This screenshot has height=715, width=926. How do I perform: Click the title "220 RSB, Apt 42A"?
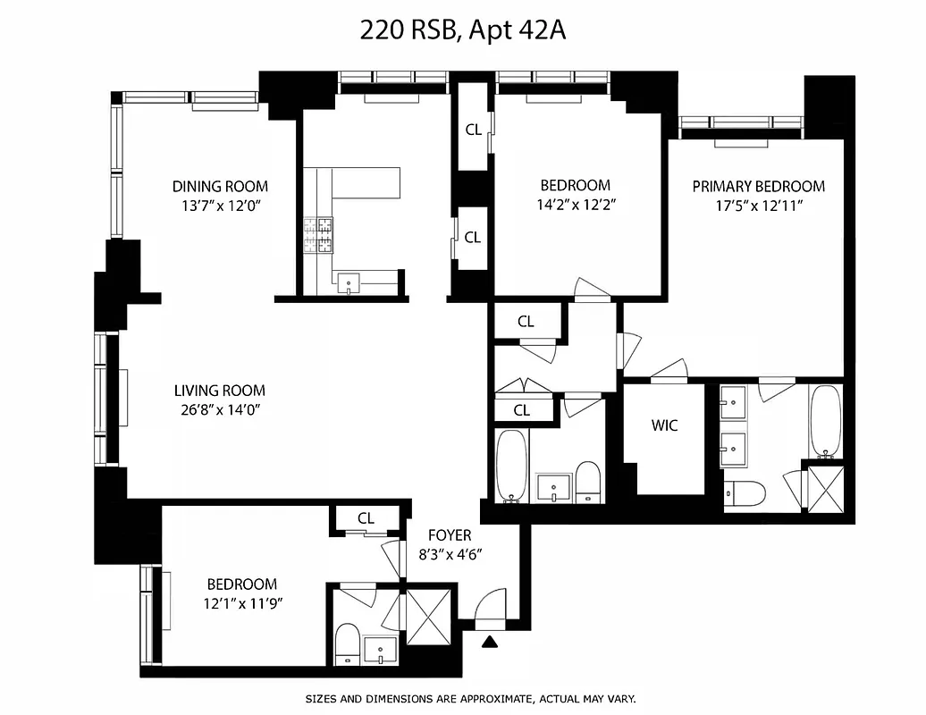coord(463,30)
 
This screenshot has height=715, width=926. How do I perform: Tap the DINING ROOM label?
coord(220,187)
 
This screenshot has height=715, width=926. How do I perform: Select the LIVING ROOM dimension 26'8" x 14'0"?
coord(220,410)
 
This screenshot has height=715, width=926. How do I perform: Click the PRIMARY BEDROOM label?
coord(759,187)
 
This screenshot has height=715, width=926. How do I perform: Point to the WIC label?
coord(664,425)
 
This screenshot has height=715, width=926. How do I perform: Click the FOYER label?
coord(450,535)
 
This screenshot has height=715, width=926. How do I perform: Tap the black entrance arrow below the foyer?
coord(489,641)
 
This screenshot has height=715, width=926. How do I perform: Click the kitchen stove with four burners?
coord(319,236)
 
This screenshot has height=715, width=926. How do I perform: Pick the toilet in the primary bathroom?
coord(745,492)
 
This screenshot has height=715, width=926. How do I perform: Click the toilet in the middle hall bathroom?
coord(587,483)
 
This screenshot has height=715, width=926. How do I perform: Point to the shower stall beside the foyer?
coord(431,616)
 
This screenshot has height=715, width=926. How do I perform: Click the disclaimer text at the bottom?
coord(470,699)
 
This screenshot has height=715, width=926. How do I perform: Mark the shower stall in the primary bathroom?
coord(821,489)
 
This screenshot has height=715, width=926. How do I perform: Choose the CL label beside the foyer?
coord(366,518)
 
